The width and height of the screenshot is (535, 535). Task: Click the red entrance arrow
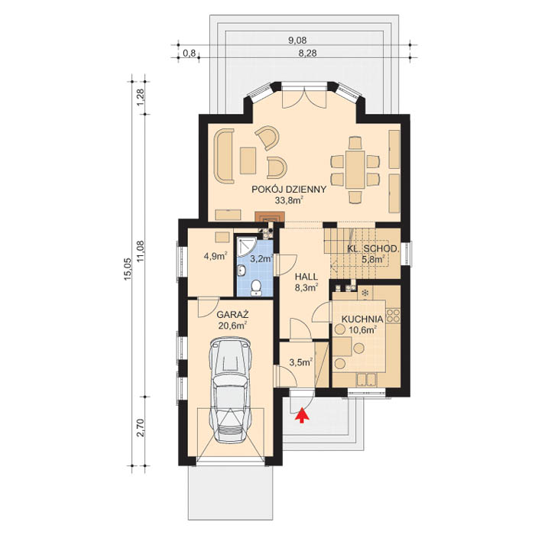(x=302, y=415)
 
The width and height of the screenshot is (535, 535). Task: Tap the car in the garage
(x=232, y=390)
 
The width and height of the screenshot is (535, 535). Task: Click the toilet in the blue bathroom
(x=255, y=287)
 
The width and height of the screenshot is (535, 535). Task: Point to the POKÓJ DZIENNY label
(x=289, y=190)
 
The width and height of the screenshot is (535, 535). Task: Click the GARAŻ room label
(x=232, y=314)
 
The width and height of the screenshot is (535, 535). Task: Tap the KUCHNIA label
(x=362, y=319)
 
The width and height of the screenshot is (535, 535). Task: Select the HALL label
(x=306, y=277)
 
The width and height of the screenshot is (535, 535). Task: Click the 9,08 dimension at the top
(x=297, y=41)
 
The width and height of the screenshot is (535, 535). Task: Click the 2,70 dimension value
(x=140, y=428)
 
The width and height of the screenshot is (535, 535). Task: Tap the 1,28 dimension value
(x=140, y=98)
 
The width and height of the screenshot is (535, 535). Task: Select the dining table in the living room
(x=355, y=170)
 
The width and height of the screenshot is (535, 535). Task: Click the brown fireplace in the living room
(x=269, y=217)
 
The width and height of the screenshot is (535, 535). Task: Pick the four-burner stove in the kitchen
(x=393, y=316)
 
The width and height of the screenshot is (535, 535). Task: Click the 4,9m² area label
(x=216, y=256)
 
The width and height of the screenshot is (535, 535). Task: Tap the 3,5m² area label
(x=301, y=362)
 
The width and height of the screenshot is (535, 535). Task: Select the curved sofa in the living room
(x=224, y=156)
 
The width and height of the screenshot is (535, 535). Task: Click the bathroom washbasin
(x=242, y=271)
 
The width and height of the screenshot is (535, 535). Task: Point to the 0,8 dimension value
(x=189, y=53)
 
